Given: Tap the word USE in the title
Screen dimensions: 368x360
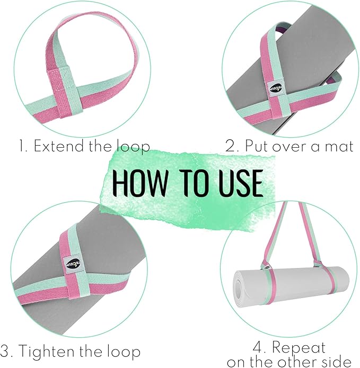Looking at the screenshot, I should click(236, 183).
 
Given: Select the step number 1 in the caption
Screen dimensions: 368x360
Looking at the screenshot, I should click(21, 147).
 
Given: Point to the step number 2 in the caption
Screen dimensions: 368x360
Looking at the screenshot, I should click(231, 147).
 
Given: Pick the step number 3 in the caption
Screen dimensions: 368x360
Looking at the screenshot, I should click(5, 352).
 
